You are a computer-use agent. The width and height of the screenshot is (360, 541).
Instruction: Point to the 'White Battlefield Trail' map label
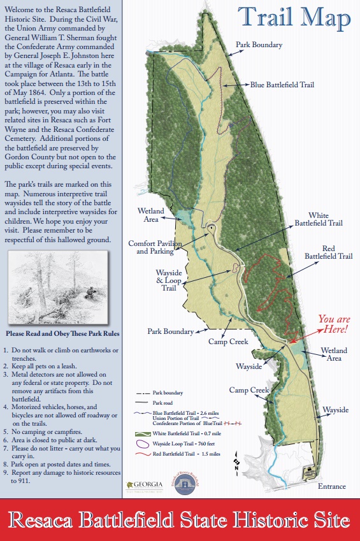318,220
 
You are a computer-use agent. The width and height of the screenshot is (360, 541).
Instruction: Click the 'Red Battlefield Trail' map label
328,252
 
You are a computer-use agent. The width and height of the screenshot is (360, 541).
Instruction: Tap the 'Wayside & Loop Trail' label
168,279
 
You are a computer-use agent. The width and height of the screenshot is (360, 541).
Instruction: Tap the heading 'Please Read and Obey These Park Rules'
62,334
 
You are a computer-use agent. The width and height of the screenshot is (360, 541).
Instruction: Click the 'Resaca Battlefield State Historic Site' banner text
180,520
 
